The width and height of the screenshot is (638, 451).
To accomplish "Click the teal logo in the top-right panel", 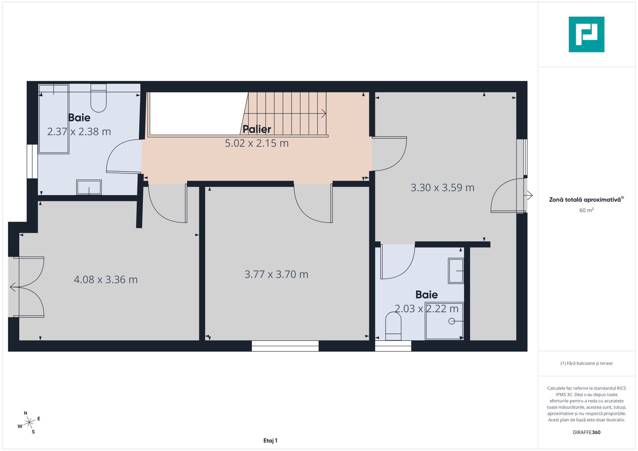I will (x=586, y=34).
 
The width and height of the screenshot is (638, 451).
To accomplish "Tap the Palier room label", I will (x=257, y=129).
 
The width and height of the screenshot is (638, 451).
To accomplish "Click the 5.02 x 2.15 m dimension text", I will (x=257, y=143).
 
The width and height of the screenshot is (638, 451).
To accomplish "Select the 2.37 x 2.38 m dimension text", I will (x=79, y=132).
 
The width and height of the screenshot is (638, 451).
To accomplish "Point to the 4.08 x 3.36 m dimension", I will (x=106, y=280).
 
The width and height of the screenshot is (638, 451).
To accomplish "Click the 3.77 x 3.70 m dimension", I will (x=276, y=274).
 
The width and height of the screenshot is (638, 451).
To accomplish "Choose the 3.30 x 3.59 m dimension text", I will (x=442, y=187).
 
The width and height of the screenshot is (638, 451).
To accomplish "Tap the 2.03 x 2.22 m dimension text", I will (x=427, y=309).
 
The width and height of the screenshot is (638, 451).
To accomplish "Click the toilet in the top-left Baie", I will (x=99, y=99).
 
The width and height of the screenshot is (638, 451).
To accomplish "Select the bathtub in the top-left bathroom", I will (x=54, y=119).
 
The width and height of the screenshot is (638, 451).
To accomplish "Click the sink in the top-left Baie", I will (x=89, y=187).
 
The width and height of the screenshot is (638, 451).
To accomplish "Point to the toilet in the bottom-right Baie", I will (x=393, y=326).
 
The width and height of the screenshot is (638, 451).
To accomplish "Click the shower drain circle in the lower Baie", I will (x=452, y=321).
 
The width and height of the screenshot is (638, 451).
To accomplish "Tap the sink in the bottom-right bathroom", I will (x=456, y=271).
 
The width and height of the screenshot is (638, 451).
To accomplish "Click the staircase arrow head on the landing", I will (x=324, y=113).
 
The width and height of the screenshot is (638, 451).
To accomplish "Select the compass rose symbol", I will (x=29, y=423).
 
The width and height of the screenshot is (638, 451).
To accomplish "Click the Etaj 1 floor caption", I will (x=270, y=441).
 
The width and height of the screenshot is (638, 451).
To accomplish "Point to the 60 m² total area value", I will (x=586, y=210).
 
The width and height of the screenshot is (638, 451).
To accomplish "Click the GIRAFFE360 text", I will (x=586, y=432).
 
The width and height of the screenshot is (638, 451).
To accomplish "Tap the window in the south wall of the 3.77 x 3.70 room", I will (x=285, y=346).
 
